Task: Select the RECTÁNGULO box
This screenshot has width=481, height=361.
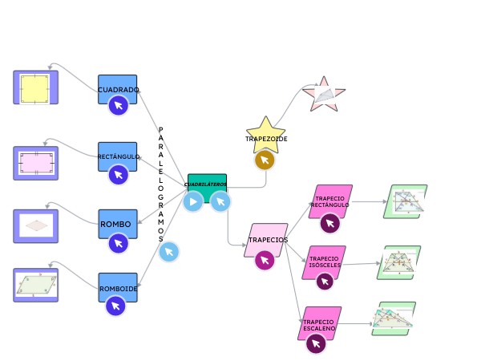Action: click(117, 154)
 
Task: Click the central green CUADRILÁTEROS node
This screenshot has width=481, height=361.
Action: click(207, 184)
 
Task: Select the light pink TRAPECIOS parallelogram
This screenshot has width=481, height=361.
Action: click(267, 238)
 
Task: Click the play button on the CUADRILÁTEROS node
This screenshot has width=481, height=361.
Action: click(193, 201)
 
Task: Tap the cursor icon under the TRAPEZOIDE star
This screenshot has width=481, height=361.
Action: click(265, 160)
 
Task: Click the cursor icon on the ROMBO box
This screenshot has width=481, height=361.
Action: click(119, 243)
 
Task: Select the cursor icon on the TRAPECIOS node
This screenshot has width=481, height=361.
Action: click(265, 260)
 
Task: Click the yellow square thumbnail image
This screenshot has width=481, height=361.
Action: click(35, 87)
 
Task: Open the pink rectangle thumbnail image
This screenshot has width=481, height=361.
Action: click(35, 163)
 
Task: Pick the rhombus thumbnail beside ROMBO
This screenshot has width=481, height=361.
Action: click(35, 225)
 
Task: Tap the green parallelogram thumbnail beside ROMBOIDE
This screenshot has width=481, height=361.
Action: click(35, 285)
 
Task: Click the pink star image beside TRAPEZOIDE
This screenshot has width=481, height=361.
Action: click(323, 95)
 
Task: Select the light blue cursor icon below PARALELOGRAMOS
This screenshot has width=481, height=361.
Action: click(168, 252)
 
